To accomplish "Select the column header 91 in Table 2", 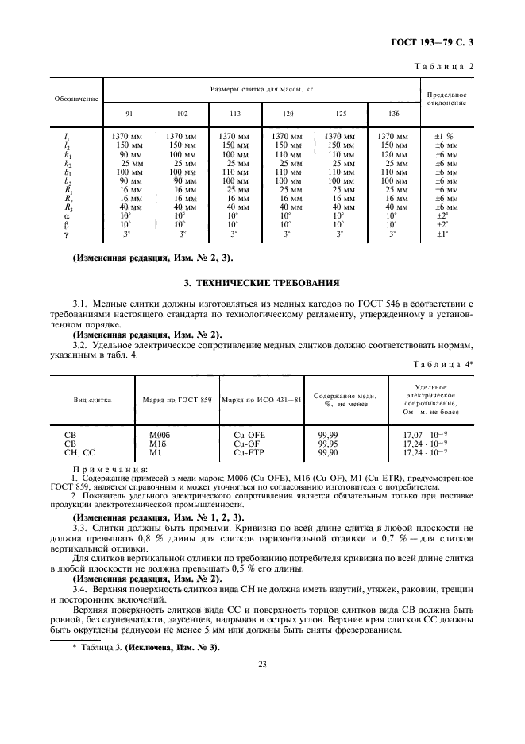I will click(129, 114).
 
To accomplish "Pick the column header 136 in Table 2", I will click(394, 114).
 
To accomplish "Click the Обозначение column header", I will click(76, 99).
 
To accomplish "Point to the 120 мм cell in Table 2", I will click(393, 155).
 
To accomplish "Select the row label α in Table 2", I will click(67, 215).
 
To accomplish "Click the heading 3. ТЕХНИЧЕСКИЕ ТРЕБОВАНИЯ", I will click(262, 282).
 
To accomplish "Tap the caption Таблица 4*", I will click(443, 363).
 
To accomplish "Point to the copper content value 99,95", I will click(328, 444).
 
